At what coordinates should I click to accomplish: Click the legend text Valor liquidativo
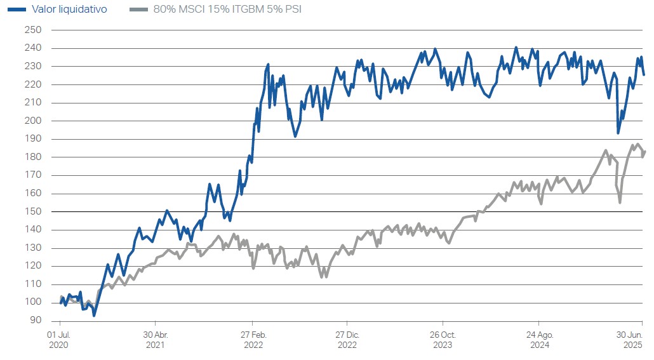(70, 10)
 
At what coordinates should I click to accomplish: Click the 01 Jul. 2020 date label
(59, 340)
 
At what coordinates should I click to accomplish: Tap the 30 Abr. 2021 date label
(156, 340)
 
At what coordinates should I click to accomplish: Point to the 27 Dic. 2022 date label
(347, 340)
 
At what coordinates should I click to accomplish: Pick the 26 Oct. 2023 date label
(443, 340)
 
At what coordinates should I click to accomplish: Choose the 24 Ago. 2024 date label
(538, 340)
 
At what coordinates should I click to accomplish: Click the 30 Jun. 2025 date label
(631, 340)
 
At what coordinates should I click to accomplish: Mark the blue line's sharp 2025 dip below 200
(618, 133)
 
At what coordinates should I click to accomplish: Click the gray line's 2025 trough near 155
(620, 203)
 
